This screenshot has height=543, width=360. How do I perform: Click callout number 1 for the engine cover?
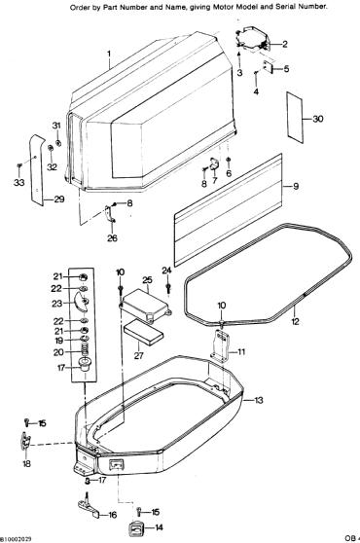(x=109, y=54)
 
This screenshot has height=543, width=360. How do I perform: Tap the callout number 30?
(x=318, y=119)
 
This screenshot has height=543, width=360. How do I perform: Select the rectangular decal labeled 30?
(x=294, y=118)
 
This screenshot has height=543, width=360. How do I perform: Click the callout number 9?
(x=296, y=186)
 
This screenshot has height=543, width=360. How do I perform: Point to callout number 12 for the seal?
(x=295, y=321)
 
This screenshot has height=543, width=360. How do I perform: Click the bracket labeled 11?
(x=220, y=344)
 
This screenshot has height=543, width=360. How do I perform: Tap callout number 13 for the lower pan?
(x=259, y=400)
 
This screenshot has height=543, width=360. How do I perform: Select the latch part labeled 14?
(x=135, y=528)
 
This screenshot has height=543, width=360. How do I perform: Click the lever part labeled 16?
(x=88, y=507)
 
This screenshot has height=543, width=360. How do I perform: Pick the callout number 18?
(x=26, y=463)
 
